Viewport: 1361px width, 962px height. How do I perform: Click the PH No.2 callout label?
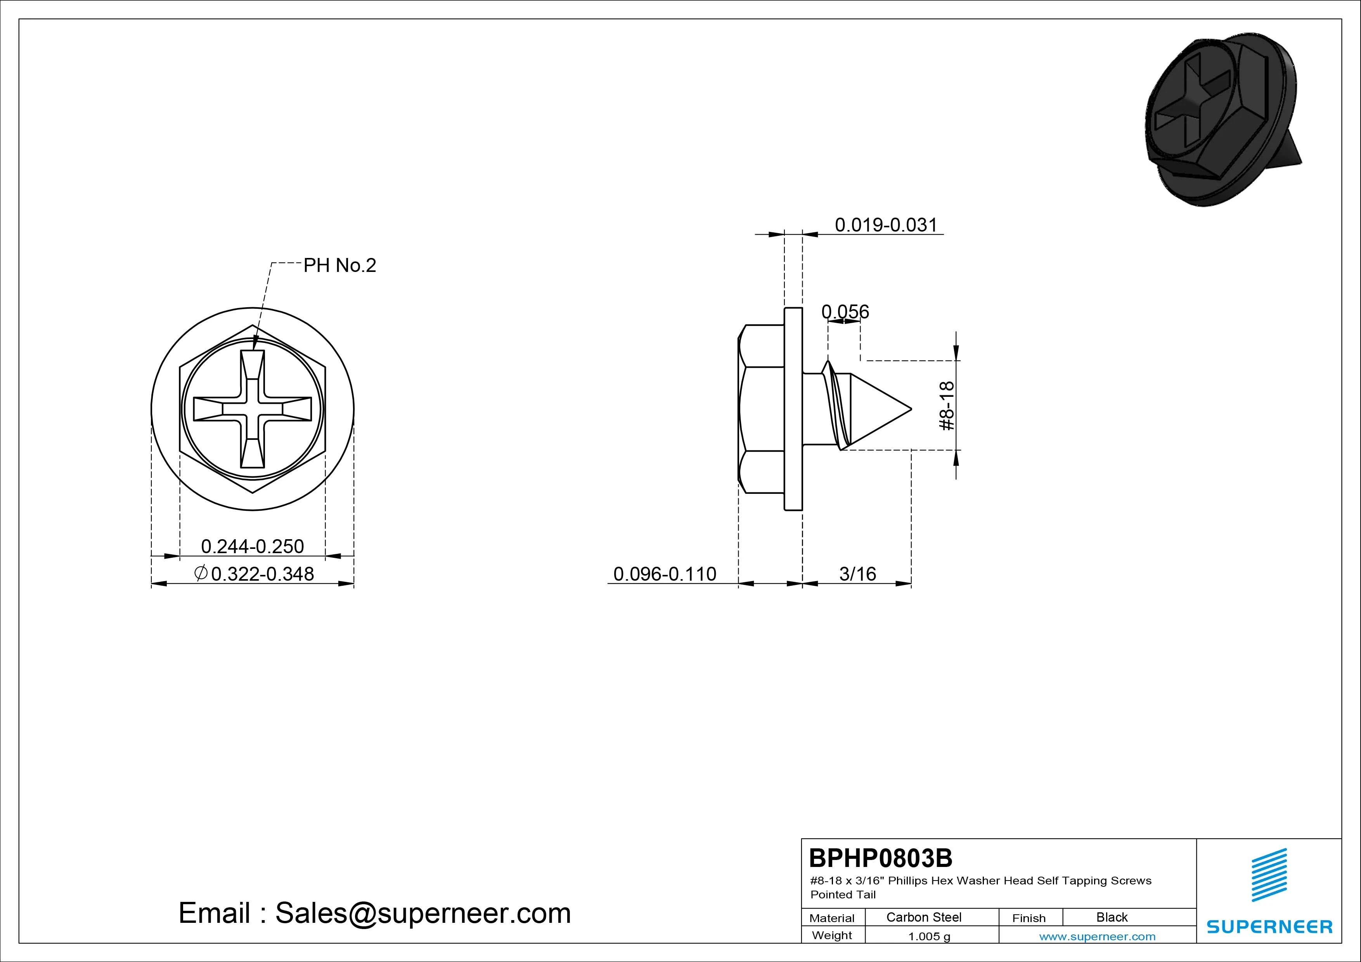339,266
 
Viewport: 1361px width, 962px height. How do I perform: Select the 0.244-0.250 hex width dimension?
253,546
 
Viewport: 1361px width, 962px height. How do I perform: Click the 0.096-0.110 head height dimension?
665,574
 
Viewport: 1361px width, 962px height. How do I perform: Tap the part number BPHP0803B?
881,858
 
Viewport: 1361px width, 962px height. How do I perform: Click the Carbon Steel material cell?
923,917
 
